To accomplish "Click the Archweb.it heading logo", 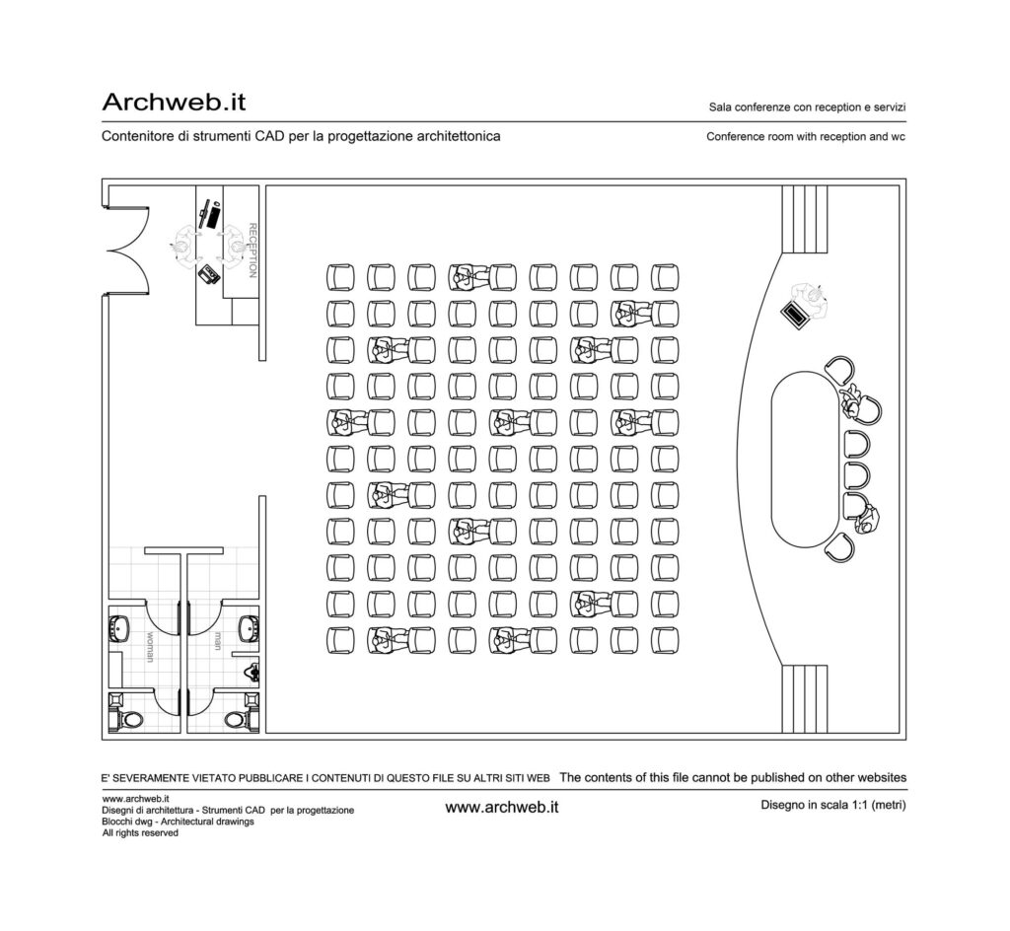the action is [x=174, y=102].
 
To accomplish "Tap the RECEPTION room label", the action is [x=252, y=251].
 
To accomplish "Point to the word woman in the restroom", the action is [x=150, y=646].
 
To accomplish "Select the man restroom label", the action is [x=218, y=641].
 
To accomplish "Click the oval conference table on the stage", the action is [x=805, y=459].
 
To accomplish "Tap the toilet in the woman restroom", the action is [x=126, y=717].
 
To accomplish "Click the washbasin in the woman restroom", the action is [x=119, y=628].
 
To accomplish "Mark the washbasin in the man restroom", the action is [x=250, y=628].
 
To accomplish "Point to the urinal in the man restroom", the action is [x=252, y=673].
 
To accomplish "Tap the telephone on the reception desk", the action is [x=209, y=273].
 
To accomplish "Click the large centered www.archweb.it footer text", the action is [x=502, y=807].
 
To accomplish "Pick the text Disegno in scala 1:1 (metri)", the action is [x=832, y=805].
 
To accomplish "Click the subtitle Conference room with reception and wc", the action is [x=806, y=136].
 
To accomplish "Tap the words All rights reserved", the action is [x=140, y=833].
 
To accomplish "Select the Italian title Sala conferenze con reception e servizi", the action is [x=807, y=107].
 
